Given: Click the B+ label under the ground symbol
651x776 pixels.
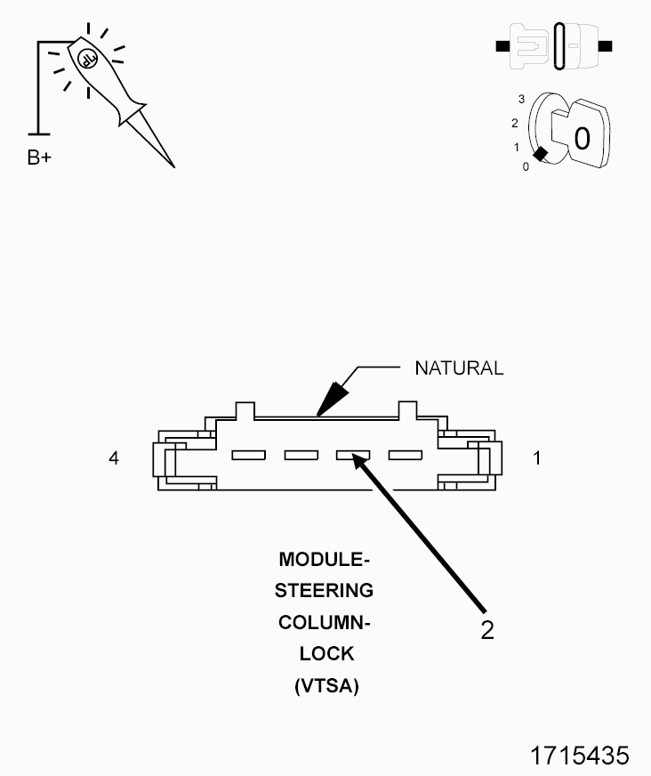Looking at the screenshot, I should pyautogui.click(x=39, y=158).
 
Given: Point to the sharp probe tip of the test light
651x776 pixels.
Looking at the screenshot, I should pyautogui.click(x=173, y=165).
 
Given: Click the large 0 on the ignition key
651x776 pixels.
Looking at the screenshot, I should pyautogui.click(x=582, y=138).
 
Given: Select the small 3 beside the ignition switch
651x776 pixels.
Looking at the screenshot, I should pyautogui.click(x=521, y=98).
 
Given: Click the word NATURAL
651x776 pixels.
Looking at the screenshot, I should pyautogui.click(x=459, y=367).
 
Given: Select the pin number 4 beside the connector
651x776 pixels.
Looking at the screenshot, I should pyautogui.click(x=113, y=458).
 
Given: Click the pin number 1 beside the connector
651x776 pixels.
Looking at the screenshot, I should pyautogui.click(x=536, y=458).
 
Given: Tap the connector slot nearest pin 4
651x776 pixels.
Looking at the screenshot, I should pyautogui.click(x=248, y=456).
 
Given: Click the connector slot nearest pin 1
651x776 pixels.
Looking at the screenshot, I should pyautogui.click(x=406, y=456).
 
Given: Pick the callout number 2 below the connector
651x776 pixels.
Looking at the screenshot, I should pyautogui.click(x=486, y=629).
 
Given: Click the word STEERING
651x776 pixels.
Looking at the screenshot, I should pyautogui.click(x=324, y=590).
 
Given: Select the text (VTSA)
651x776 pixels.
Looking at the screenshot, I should pyautogui.click(x=325, y=686).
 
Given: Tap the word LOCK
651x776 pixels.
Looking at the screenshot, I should pyautogui.click(x=326, y=654).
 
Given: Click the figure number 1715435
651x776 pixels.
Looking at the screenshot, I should pyautogui.click(x=579, y=755).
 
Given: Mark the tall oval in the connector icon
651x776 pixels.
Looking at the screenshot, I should pyautogui.click(x=559, y=46).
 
